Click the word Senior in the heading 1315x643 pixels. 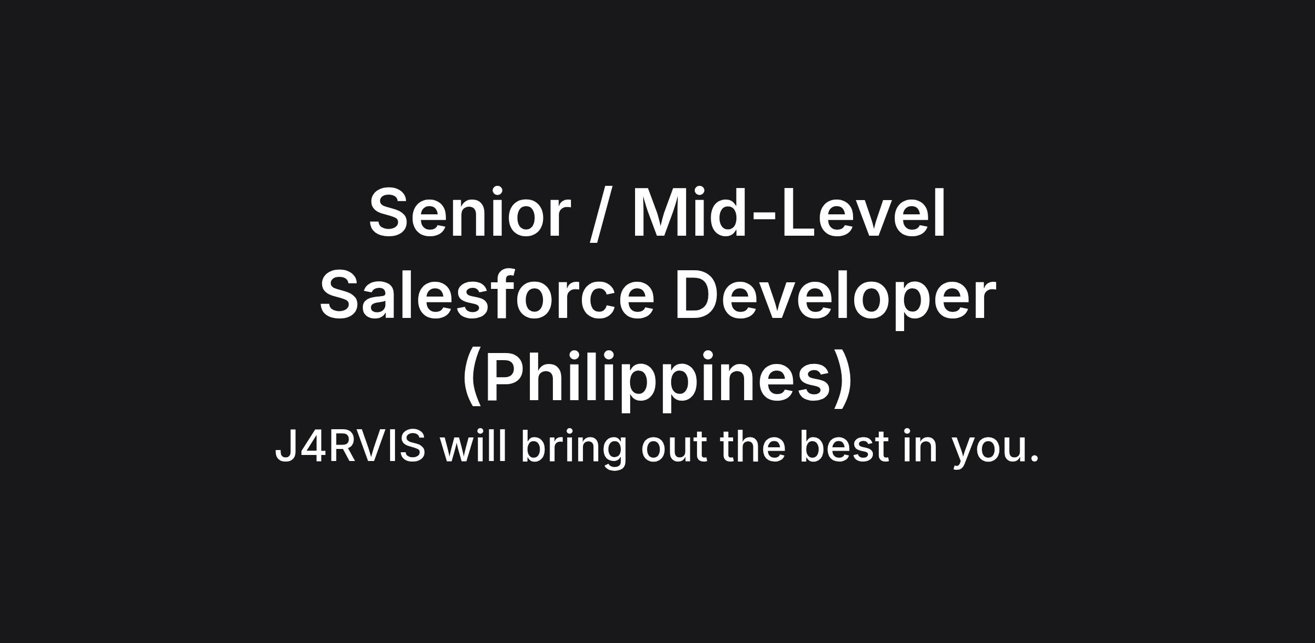click(x=470, y=213)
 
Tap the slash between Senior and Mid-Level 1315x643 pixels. click(x=602, y=214)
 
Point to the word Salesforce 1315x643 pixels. click(x=487, y=294)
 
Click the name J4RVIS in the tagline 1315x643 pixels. click(x=350, y=446)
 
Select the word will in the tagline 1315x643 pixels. click(x=473, y=445)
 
